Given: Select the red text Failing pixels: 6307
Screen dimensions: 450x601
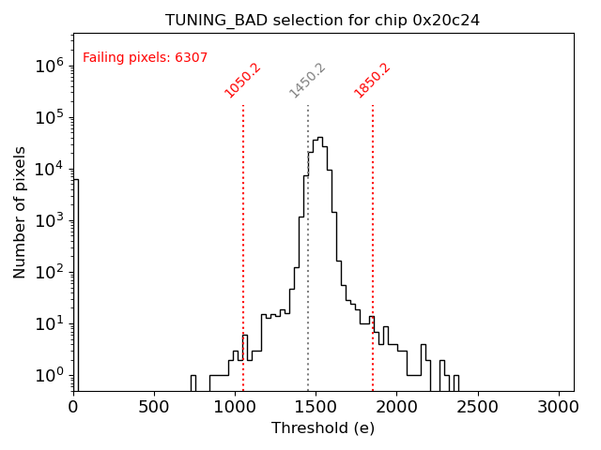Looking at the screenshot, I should click(x=146, y=58).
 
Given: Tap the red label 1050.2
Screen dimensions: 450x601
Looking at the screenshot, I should click(x=242, y=81).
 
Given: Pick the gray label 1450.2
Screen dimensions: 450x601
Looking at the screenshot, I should click(x=307, y=81).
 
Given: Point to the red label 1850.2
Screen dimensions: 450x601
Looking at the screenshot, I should click(x=372, y=81).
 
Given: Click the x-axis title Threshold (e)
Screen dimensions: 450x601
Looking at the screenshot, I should click(x=323, y=428).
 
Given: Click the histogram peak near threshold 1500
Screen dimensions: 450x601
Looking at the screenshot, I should click(x=319, y=138).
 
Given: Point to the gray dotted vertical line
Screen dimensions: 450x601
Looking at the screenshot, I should click(x=308, y=281).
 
